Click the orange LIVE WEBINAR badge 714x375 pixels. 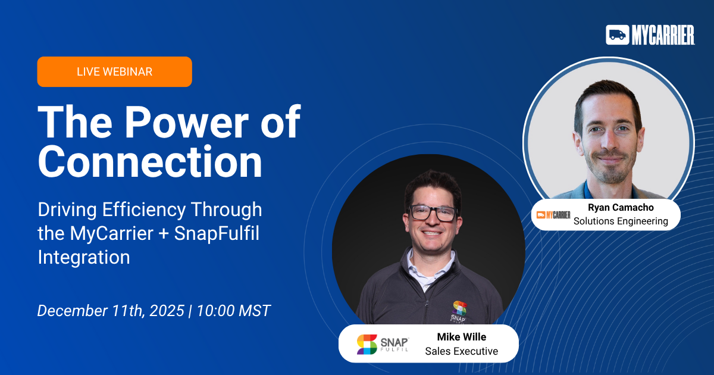click(114, 72)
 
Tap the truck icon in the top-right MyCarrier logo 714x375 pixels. click(617, 35)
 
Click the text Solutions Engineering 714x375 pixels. click(621, 221)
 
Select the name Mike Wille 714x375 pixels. click(462, 337)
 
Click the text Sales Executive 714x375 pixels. click(462, 351)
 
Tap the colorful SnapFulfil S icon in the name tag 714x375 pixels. click(367, 344)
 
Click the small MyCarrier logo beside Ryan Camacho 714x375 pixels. click(553, 215)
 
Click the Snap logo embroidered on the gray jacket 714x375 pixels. click(459, 310)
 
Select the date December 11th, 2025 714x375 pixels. click(111, 311)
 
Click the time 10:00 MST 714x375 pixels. click(233, 311)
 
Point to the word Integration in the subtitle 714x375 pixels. click(83, 257)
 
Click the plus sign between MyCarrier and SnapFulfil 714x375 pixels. click(161, 234)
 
